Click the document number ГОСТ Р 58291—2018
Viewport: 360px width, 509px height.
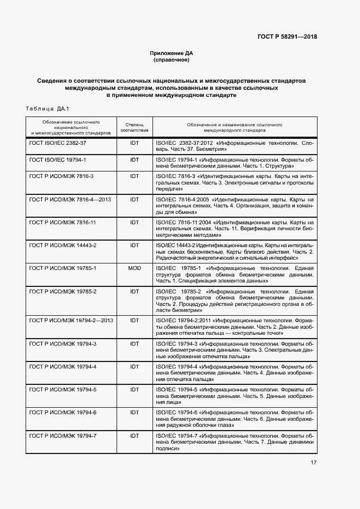coord(287,37)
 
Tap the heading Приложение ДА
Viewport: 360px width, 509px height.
coord(172,53)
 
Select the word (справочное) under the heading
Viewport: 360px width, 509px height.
coord(172,60)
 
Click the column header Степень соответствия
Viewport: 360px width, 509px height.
coord(134,127)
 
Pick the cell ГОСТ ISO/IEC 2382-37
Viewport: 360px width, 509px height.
coord(58,143)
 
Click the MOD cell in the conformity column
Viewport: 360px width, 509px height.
coord(134,268)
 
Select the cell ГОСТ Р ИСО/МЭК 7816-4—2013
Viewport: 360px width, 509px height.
coord(70,200)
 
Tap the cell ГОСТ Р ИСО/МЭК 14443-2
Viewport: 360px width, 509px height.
coord(63,246)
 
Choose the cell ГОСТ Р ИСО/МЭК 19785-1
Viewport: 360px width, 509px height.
coord(63,268)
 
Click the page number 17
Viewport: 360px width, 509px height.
coord(314,463)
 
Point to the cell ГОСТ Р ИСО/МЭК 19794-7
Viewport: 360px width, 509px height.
coord(63,436)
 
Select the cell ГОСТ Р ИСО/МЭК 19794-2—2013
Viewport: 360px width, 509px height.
coord(71,321)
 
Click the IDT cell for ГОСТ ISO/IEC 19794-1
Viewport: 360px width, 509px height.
coord(134,160)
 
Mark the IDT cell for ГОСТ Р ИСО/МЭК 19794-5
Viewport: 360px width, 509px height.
coord(134,390)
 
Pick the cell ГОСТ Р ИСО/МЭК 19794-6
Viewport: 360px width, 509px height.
coord(63,413)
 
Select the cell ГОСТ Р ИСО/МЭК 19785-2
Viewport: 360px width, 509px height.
coord(63,292)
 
